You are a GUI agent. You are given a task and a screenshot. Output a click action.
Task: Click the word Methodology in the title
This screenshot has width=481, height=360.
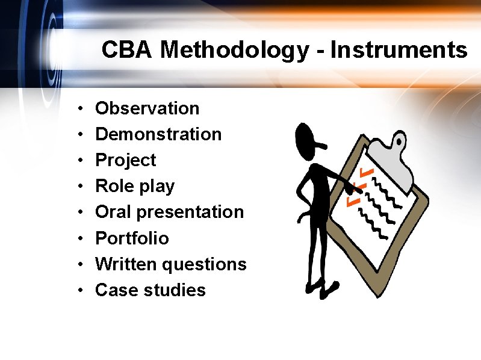pyautogui.click(x=234, y=50)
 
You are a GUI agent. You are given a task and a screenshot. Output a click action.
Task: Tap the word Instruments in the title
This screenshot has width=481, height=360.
pyautogui.click(x=399, y=50)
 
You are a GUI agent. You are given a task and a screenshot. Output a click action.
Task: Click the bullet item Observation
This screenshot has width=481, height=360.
pyautogui.click(x=147, y=108)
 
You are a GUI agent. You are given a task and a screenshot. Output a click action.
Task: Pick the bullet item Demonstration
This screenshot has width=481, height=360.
pyautogui.click(x=158, y=134)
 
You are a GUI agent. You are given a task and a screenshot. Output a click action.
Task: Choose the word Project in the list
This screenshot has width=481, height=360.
pyautogui.click(x=125, y=161)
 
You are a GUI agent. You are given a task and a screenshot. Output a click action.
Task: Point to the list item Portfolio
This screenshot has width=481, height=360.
pyautogui.click(x=132, y=238)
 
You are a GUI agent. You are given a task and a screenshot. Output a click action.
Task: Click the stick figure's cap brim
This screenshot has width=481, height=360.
pyautogui.click(x=321, y=144)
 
